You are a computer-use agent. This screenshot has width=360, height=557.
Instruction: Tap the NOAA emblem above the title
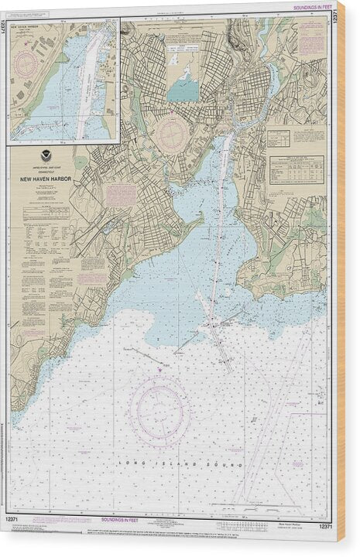[x=46, y=158]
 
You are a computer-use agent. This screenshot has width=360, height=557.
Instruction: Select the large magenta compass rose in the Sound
[x=159, y=411]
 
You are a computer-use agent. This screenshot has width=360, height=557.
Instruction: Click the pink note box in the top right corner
[x=312, y=39]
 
